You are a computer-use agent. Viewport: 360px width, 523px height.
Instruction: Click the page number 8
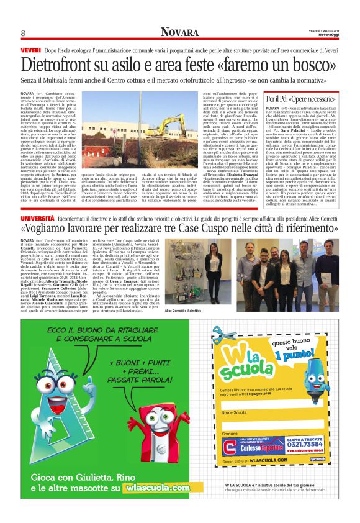tap(22, 32)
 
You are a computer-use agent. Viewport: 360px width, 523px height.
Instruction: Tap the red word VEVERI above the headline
tap(30, 48)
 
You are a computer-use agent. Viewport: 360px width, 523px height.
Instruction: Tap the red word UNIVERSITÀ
tap(37, 203)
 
